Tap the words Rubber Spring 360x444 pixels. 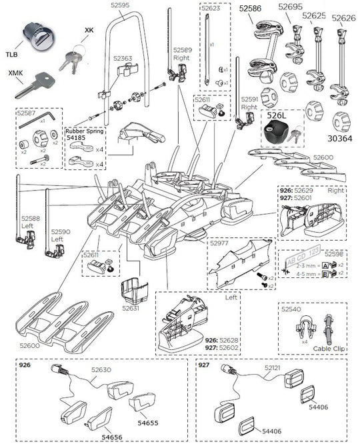coord(83,131)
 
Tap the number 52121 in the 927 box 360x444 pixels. coord(272,368)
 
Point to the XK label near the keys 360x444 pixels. coord(89,31)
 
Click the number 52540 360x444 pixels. coord(290,309)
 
